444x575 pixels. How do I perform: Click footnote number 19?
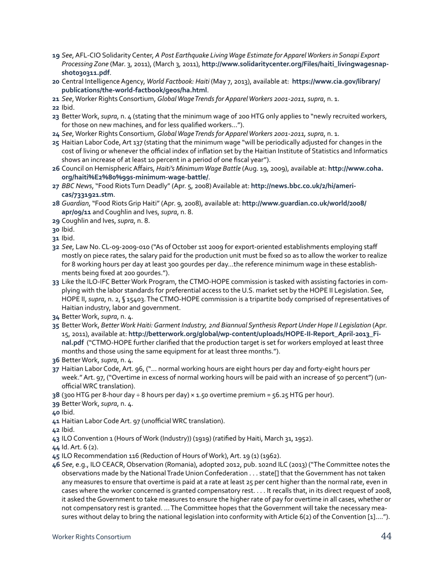click(x=56, y=56)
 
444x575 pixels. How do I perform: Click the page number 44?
click(x=386, y=536)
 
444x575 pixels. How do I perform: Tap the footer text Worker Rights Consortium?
click(x=92, y=537)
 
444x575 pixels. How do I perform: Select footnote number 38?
click(x=56, y=395)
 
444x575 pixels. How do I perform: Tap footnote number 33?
click(x=56, y=282)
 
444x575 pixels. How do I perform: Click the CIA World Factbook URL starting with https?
click(x=336, y=82)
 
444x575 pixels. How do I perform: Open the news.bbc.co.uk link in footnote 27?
click(x=303, y=186)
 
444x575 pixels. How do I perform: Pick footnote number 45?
click(x=56, y=456)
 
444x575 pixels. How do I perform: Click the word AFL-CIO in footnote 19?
click(x=88, y=56)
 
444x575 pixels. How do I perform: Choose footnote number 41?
click(x=56, y=421)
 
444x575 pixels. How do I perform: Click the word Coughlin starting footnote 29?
click(x=75, y=221)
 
